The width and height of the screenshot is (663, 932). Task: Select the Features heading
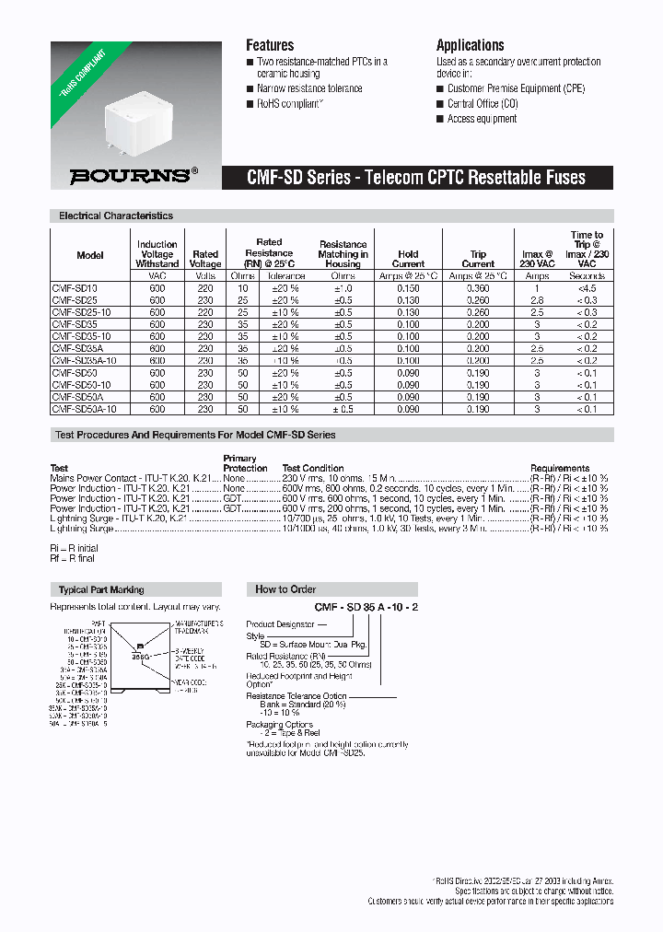point(270,45)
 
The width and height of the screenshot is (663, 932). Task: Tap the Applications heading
point(470,45)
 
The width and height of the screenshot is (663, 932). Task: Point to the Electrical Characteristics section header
point(116,216)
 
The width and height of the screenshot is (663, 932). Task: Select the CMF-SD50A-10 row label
point(85,409)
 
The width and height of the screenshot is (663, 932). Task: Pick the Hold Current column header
point(408,259)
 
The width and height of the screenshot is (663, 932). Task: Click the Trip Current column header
point(478,259)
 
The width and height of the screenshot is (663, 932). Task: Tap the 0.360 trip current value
point(478,288)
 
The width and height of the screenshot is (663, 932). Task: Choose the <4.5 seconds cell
point(587,288)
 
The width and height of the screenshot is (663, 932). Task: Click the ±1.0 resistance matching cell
point(343,288)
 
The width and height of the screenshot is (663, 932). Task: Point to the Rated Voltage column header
point(205,259)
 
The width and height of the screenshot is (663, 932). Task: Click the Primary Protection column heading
point(240,462)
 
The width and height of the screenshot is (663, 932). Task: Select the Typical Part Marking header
point(101,589)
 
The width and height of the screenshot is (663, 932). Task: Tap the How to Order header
point(285,589)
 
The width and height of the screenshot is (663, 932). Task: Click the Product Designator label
point(280,624)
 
